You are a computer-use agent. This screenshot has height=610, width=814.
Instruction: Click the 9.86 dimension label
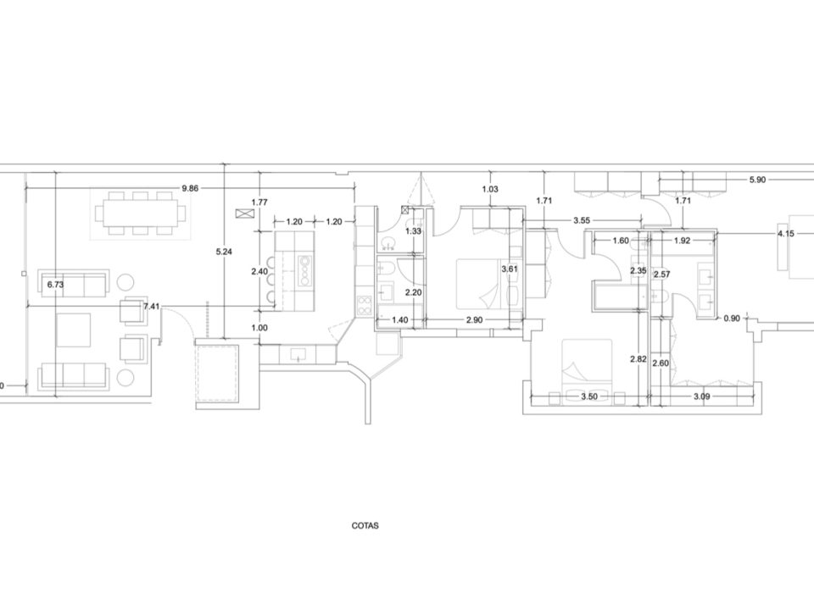(190, 188)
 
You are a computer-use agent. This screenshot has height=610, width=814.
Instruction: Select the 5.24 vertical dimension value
(224, 252)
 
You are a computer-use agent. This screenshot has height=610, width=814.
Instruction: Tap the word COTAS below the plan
(365, 525)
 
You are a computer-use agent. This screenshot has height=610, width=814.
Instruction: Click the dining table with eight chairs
(140, 213)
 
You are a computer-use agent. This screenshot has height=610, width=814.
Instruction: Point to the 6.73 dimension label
(55, 285)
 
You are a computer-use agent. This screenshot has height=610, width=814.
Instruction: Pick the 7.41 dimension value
(152, 307)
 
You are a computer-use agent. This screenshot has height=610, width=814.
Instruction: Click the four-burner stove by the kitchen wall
(365, 306)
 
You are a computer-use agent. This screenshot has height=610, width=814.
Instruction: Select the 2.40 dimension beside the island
(259, 271)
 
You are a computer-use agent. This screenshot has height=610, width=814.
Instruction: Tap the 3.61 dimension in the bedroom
(510, 269)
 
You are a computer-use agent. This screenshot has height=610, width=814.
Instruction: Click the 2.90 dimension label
(474, 320)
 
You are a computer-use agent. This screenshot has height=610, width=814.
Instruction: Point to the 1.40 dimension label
(399, 320)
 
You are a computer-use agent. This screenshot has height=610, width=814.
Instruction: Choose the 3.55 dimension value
(582, 220)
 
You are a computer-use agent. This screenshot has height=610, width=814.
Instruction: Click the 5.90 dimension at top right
(757, 180)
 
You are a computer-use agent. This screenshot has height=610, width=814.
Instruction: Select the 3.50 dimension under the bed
(589, 396)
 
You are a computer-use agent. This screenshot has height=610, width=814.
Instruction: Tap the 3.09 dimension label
(702, 396)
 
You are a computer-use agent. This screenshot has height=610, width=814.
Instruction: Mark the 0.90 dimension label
(732, 319)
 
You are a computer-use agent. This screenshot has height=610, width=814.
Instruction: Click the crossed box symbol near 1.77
(243, 213)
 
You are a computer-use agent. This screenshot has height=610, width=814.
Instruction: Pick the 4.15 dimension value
(786, 234)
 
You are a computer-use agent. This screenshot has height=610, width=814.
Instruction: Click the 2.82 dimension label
(638, 359)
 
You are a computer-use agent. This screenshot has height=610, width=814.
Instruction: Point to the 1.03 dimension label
(490, 189)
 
